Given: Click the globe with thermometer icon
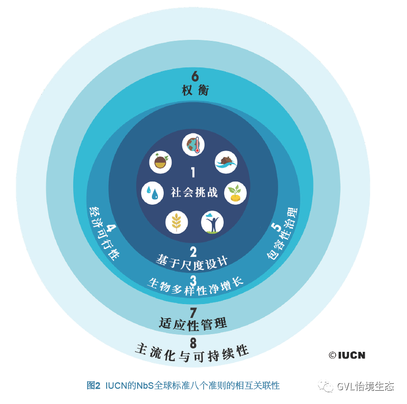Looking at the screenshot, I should (x=194, y=145).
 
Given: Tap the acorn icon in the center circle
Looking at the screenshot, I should (x=160, y=161).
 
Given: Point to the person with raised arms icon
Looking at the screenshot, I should (x=212, y=222).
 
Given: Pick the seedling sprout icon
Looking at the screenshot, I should (x=235, y=193).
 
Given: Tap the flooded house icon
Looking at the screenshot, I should (x=226, y=161).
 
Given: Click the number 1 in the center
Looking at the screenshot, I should (x=193, y=173).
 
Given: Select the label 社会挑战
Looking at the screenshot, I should (x=194, y=192).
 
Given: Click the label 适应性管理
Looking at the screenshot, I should (x=193, y=323).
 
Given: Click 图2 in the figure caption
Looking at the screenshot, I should (x=93, y=385).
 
